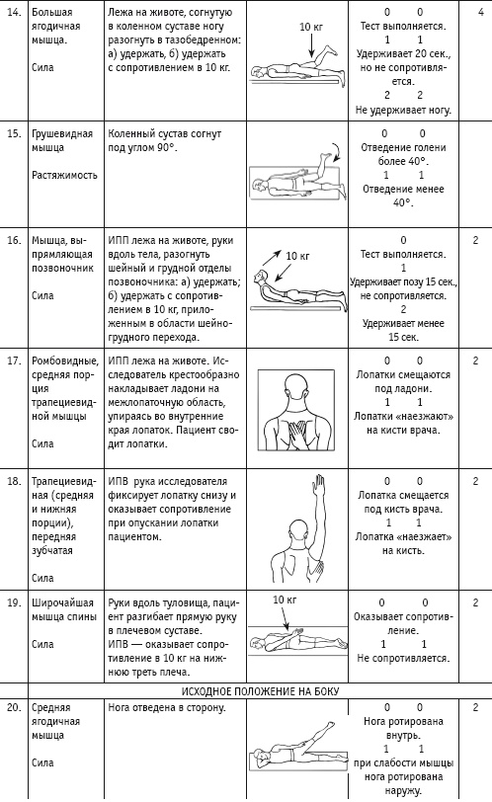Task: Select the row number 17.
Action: point(14,361)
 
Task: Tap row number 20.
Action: point(14,707)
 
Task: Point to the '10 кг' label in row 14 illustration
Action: point(313,27)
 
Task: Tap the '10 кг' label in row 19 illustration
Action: point(285,600)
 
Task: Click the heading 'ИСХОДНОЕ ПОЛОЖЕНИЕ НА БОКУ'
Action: point(260,691)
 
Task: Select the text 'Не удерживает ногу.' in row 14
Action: point(403,110)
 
